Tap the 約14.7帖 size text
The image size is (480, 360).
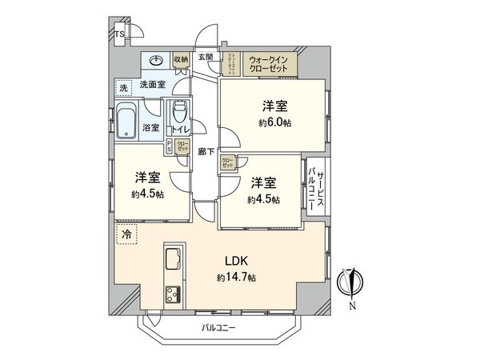[x=235, y=278]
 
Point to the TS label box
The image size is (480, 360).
[x=118, y=34]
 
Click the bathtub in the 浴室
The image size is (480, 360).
[x=126, y=121]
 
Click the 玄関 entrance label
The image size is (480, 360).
[x=206, y=56]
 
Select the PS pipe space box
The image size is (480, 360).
[x=169, y=146]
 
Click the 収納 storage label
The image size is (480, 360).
[x=181, y=59]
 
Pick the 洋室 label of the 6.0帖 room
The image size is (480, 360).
[x=274, y=106]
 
